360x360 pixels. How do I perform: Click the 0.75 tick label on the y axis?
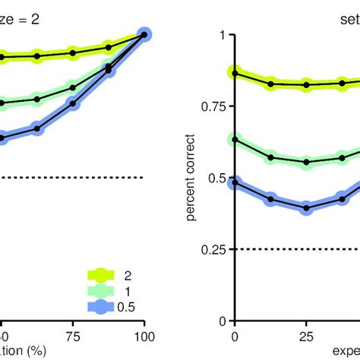click(213, 107)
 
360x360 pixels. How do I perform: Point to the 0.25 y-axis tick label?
click(213, 249)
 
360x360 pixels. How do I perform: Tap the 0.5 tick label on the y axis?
click(216, 178)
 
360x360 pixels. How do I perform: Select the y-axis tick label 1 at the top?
click(223, 36)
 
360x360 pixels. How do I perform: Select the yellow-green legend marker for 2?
click(106, 274)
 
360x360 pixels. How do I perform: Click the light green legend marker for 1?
click(106, 290)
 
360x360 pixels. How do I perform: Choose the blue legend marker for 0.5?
click(106, 306)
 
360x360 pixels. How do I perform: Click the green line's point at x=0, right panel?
click(235, 140)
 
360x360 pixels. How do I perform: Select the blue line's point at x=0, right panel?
click(235, 183)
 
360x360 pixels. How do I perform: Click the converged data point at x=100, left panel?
click(144, 34)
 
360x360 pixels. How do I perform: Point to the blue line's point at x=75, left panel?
click(73, 103)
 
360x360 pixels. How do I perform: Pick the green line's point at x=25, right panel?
click(306, 162)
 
